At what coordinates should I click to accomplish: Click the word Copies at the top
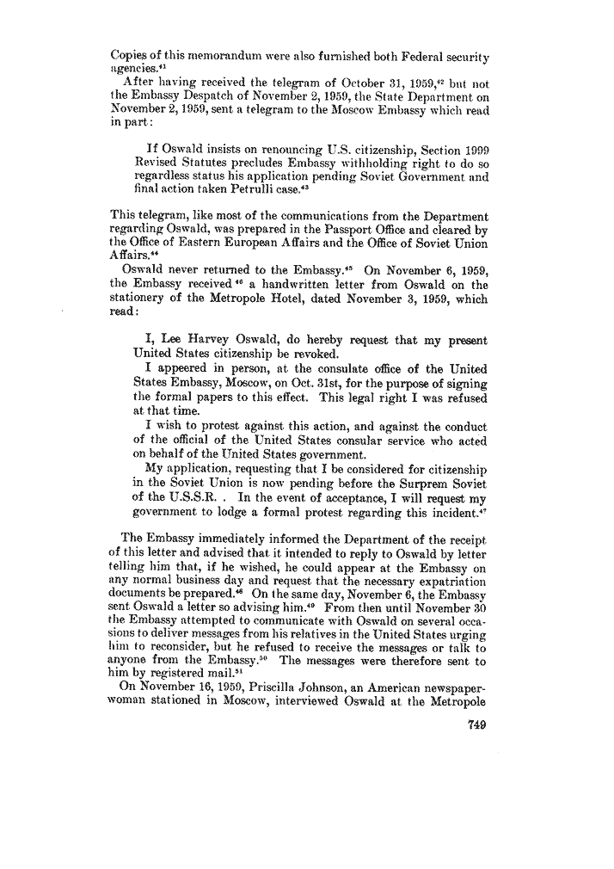click(x=131, y=40)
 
